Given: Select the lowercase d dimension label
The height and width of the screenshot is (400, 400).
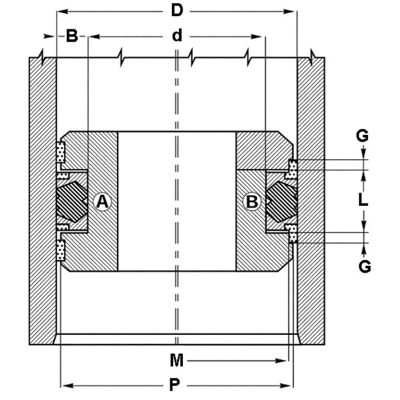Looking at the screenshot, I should coord(177,37).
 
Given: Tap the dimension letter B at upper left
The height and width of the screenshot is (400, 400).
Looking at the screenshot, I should coord(71,37).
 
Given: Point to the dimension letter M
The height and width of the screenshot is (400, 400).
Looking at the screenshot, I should coord(177,361).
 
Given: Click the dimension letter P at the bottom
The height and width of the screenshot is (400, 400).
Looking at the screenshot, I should coord(177,384).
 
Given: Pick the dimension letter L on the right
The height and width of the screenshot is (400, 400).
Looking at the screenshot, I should coord(364,201).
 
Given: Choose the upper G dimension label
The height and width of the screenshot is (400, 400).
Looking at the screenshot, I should coord(363,136).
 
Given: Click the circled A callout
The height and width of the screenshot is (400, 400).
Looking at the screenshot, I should coord(102,201).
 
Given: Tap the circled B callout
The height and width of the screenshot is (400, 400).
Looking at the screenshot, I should coord(252,201).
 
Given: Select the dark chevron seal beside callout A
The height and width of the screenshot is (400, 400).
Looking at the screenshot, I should coord(73,201).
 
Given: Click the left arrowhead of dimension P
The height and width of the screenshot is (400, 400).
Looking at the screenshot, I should coord(65,384).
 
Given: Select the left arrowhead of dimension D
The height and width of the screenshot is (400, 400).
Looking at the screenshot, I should coord(61,10).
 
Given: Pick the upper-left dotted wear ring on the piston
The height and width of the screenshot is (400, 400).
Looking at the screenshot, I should coord(61,151).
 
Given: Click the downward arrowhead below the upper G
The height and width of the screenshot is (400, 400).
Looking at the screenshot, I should coord(364,155).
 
